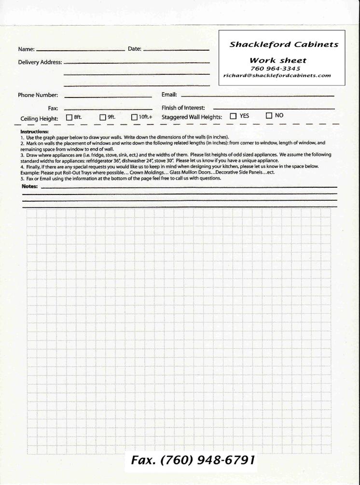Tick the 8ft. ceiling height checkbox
point(69,117)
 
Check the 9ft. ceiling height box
point(103,117)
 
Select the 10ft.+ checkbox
point(135,117)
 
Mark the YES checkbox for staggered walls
point(233,116)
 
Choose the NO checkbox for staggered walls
point(269,116)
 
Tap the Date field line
point(176,49)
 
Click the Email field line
point(257,96)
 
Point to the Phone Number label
point(38,95)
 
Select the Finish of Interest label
point(183,108)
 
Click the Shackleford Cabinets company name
point(284,45)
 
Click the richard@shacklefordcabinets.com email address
point(277,75)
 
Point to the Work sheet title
point(277,60)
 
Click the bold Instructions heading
point(34,132)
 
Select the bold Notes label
point(30,186)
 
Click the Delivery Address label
point(40,62)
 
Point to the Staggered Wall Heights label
point(192,117)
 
